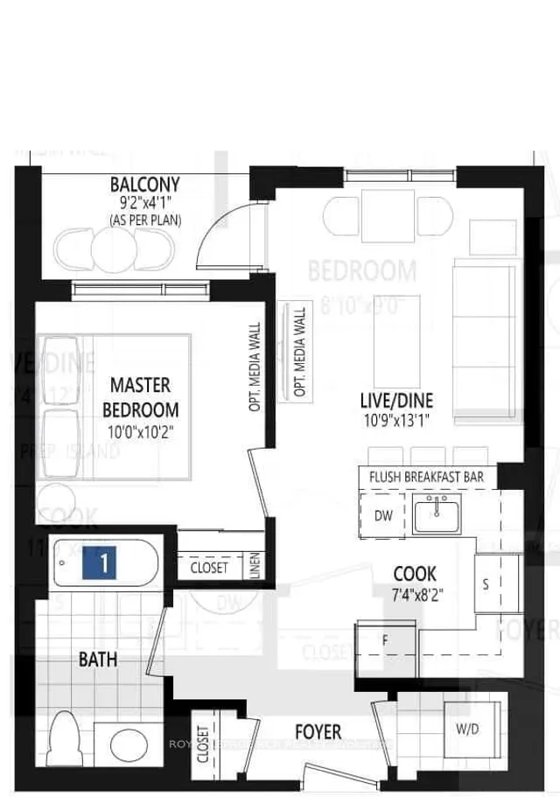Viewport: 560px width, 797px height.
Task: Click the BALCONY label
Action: pyautogui.click(x=145, y=185)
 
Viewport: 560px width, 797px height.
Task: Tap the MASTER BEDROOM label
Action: pyautogui.click(x=141, y=396)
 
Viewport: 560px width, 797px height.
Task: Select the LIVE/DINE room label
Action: pyautogui.click(x=396, y=400)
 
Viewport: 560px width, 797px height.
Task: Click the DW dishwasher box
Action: pyautogui.click(x=383, y=515)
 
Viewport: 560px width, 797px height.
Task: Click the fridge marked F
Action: pyautogui.click(x=385, y=638)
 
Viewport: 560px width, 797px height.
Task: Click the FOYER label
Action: pyautogui.click(x=318, y=731)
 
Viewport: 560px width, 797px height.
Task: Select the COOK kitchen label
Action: pyautogui.click(x=415, y=574)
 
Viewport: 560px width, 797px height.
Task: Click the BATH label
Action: pyautogui.click(x=98, y=659)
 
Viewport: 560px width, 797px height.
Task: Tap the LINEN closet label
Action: pyautogui.click(x=255, y=566)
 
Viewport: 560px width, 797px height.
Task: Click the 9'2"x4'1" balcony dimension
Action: pyautogui.click(x=145, y=204)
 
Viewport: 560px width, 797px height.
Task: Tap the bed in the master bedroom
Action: pyautogui.click(x=114, y=407)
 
